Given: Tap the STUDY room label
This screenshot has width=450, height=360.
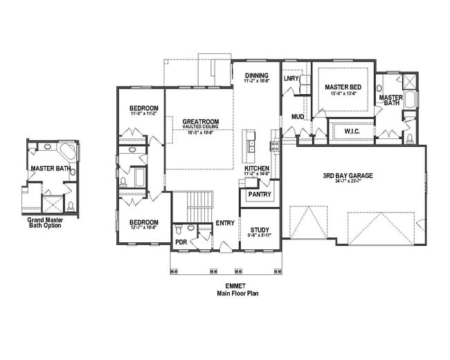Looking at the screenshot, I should (260, 230).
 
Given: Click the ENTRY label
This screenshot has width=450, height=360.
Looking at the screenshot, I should (224, 223).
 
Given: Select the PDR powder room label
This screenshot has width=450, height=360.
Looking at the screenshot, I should (180, 243).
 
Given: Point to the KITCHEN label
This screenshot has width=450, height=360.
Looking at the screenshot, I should (256, 168).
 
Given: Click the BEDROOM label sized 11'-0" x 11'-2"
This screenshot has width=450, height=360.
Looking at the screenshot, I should (144, 109).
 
